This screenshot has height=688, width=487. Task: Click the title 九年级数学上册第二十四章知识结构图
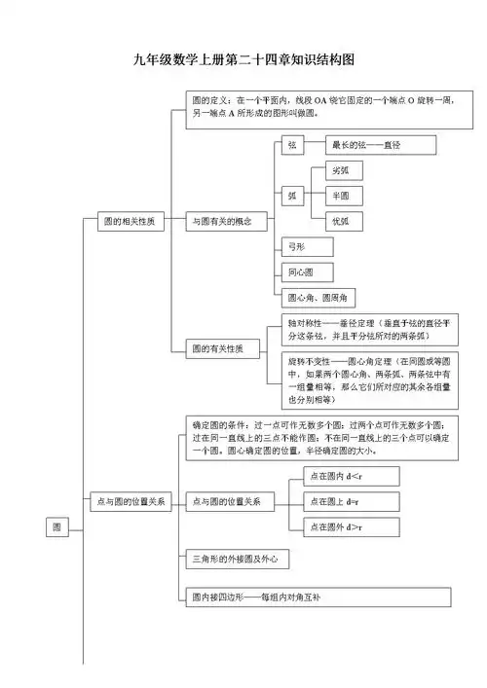[243, 60]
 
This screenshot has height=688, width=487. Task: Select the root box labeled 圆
[57, 526]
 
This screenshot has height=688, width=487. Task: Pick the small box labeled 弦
[291, 145]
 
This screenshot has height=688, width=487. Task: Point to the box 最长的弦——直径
[381, 145]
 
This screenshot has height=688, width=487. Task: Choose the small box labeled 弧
[291, 195]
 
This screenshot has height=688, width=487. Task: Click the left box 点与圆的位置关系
[130, 501]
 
